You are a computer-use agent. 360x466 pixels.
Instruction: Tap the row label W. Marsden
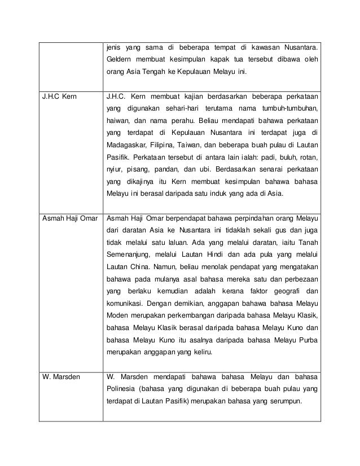coord(63,376)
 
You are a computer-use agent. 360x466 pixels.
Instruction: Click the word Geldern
coord(120,59)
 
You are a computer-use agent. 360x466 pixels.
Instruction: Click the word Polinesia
coord(125,389)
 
